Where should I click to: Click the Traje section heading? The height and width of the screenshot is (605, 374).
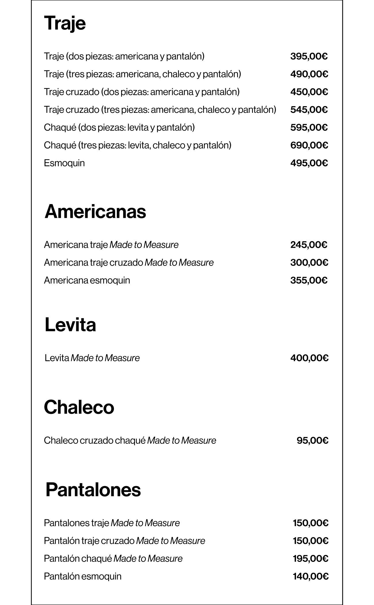pos(65,24)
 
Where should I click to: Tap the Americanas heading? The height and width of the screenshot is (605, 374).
pos(95,212)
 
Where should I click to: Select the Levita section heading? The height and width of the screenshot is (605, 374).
pos(70,325)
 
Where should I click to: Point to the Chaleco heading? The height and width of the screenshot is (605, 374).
pos(79,407)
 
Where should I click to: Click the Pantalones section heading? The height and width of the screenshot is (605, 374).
pos(93,490)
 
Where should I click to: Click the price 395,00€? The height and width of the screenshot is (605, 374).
pos(309,56)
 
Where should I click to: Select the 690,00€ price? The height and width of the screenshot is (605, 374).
pos(309,145)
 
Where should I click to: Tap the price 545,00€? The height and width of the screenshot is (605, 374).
pos(309,110)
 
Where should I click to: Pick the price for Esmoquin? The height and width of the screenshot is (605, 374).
pos(309,163)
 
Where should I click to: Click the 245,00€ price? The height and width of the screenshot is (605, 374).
pos(309,245)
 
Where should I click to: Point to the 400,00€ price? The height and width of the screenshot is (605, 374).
pos(309,358)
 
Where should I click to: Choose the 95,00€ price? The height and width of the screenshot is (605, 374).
pos(312,441)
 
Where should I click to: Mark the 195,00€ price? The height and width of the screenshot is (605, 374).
pos(311,559)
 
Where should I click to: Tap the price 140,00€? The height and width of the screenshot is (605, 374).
pos(311,577)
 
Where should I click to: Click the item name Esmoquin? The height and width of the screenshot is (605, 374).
pos(64,163)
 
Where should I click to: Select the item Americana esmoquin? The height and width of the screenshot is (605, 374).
pos(87,280)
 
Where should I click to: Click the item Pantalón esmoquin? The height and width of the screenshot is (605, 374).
pos(83,577)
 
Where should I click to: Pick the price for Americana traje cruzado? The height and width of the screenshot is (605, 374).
pos(309,263)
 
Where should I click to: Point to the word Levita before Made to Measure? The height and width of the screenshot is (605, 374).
pos(57,358)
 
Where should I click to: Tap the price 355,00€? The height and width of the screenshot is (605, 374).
pos(309,280)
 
